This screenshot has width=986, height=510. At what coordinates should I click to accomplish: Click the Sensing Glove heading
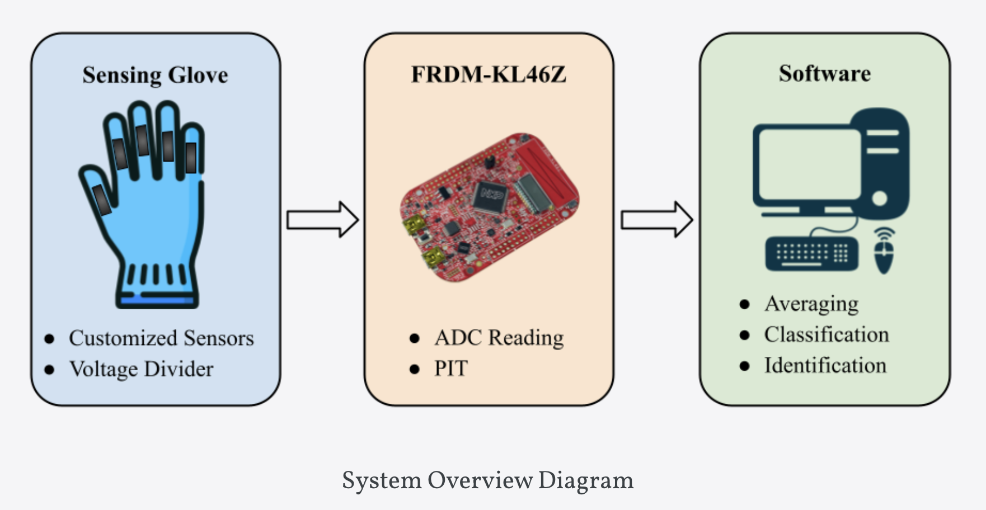155,75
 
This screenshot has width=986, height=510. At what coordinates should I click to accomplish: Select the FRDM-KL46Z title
489,74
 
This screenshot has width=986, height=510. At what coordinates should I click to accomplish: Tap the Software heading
824,73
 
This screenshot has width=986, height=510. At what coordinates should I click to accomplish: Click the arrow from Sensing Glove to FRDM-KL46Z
322,219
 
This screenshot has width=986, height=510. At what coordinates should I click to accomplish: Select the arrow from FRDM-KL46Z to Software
656,219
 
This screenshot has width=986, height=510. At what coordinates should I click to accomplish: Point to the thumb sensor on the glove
102,200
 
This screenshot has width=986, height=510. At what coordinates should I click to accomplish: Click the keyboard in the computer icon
811,253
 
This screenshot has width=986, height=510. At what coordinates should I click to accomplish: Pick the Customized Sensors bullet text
161,338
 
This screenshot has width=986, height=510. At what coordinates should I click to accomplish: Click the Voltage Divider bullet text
141,369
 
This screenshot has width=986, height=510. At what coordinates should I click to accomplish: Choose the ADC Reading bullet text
499,337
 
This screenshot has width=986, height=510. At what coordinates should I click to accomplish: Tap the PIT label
450,369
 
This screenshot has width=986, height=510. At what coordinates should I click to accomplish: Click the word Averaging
811,304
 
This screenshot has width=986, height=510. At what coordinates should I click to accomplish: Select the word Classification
826,334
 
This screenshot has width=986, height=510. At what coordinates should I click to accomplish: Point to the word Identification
825,365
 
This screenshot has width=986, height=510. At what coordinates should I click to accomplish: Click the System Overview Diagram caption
487,480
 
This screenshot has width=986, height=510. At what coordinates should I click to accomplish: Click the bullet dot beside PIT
415,369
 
